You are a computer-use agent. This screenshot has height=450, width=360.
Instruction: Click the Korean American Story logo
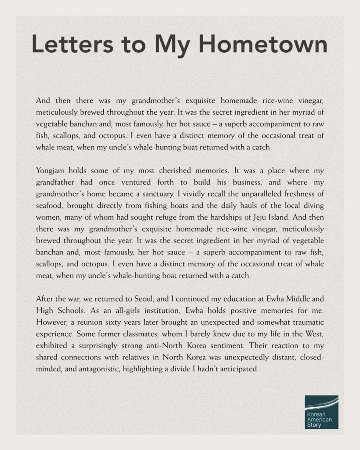tap(321, 412)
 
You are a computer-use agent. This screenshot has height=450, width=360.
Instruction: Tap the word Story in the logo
tap(314, 425)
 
